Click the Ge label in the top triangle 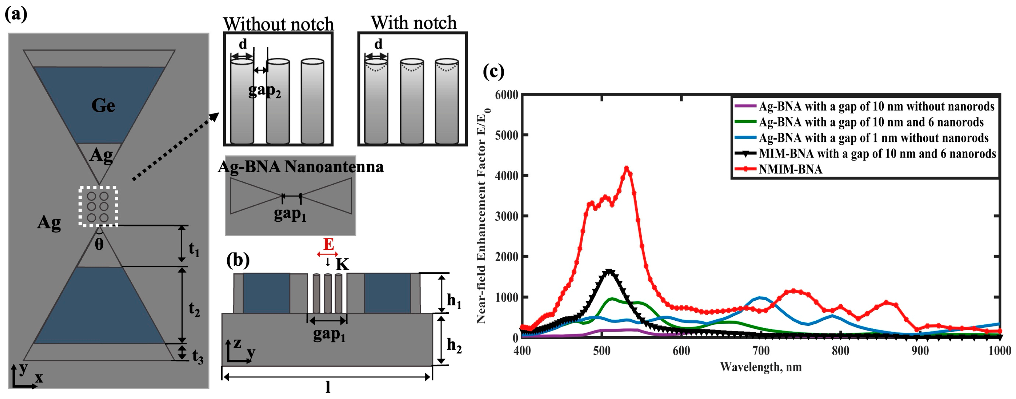103,106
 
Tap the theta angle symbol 99,245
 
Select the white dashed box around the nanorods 98,207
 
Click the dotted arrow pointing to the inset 175,146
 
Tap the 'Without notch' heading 278,25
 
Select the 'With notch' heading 413,23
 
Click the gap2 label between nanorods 264,91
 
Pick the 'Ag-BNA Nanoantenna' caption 301,167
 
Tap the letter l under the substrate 328,388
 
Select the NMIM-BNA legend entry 790,169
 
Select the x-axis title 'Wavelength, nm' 760,367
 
